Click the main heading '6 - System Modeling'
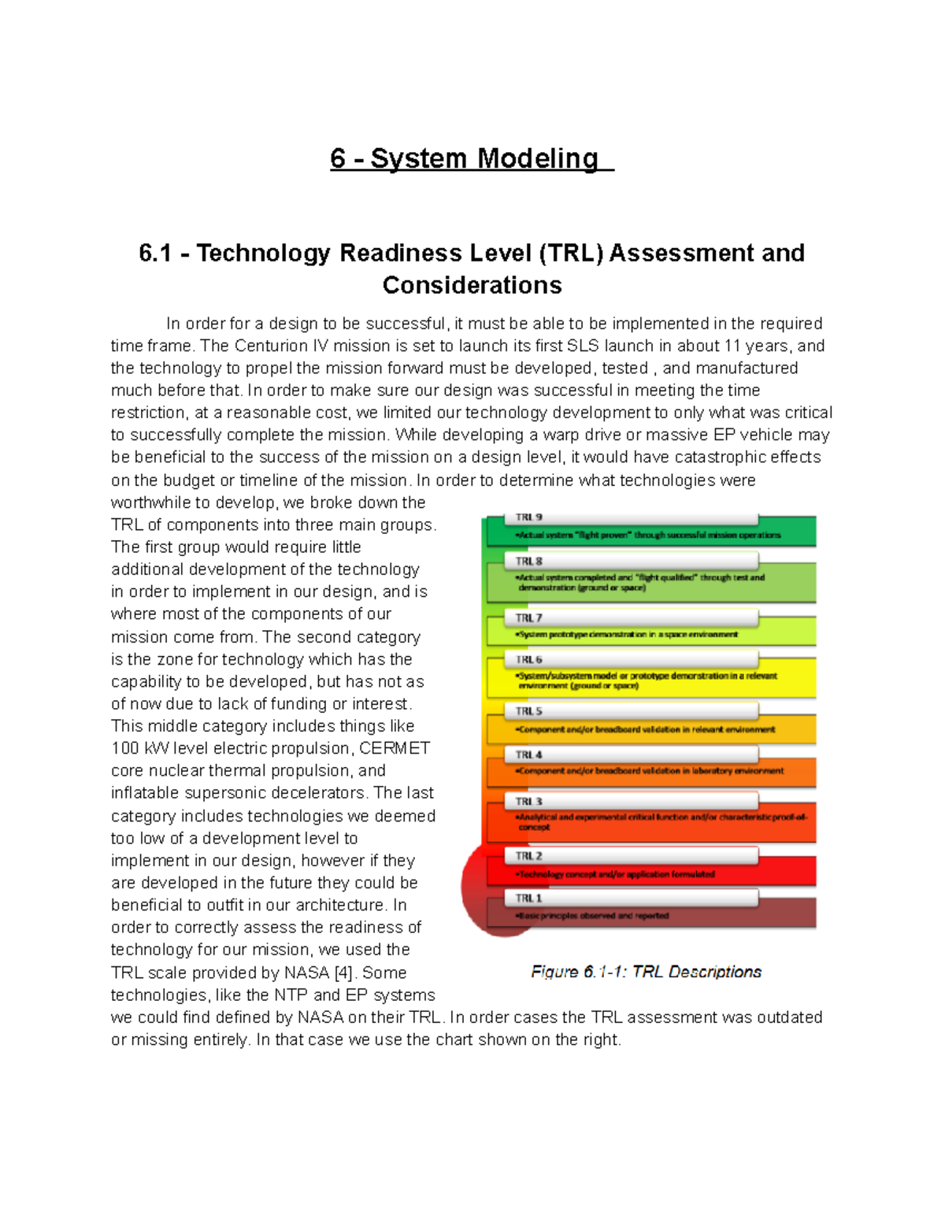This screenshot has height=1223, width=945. tap(471, 158)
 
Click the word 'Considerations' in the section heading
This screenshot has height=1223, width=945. tap(472, 285)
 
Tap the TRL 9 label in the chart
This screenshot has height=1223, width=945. tap(529, 517)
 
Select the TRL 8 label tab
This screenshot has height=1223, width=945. tap(529, 561)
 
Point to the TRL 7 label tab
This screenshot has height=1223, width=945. tap(529, 618)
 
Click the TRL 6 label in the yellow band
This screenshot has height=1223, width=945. tap(529, 660)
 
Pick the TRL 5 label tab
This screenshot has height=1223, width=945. tap(529, 711)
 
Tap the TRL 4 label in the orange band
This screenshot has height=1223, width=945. tap(529, 754)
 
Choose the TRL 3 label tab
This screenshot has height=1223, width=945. tap(529, 802)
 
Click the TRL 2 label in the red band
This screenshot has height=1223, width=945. tap(529, 856)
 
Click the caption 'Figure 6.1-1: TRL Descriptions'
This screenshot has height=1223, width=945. tap(646, 972)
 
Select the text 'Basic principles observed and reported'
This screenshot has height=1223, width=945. tap(592, 916)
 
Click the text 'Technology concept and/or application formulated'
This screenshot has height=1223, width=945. tap(616, 874)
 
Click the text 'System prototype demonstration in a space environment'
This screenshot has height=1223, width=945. tap(628, 634)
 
